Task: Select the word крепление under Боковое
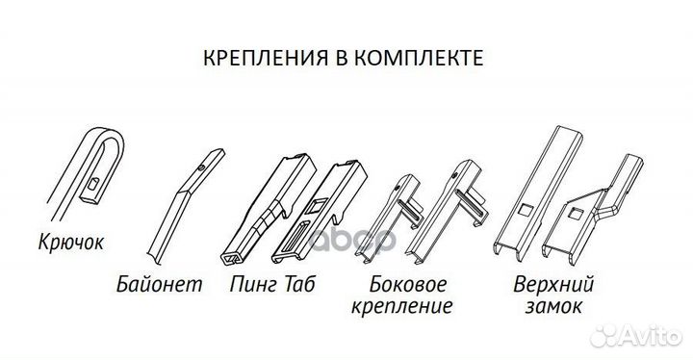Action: (x=409, y=307)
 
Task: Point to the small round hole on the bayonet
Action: (x=200, y=167)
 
